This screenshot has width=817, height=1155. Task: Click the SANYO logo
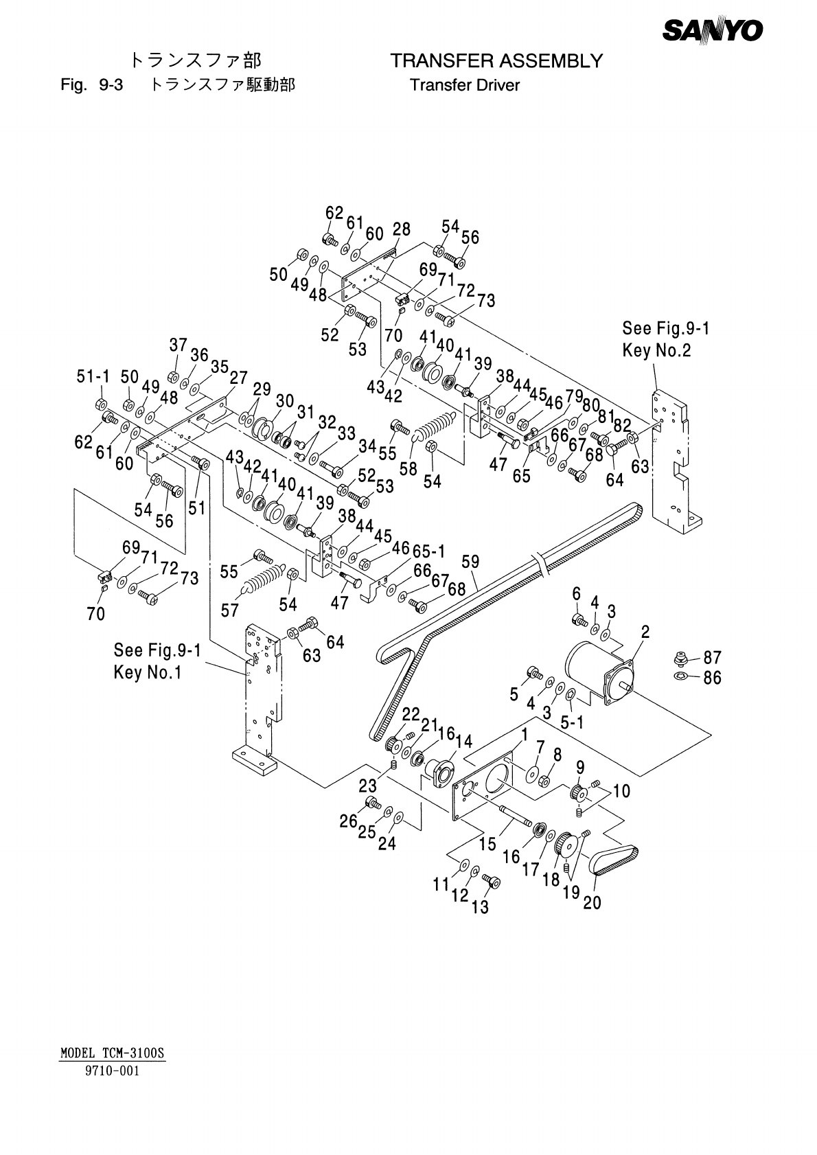(713, 30)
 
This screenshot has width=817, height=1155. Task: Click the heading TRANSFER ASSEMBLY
(496, 61)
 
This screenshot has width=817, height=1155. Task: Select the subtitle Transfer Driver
(464, 85)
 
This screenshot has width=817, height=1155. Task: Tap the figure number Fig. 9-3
(92, 84)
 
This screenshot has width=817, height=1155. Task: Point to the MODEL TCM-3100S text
(113, 1053)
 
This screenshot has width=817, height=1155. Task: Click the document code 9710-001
(113, 1071)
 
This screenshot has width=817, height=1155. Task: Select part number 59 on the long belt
(470, 562)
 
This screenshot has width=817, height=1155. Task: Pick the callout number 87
(713, 658)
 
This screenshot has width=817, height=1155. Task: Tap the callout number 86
(713, 678)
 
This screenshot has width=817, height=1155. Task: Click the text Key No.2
(656, 351)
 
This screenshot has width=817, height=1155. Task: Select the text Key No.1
(148, 672)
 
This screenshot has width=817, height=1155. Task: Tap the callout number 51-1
(93, 377)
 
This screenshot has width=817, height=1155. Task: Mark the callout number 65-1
(428, 551)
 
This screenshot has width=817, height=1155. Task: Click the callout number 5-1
(572, 723)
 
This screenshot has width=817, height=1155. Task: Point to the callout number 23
(368, 786)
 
